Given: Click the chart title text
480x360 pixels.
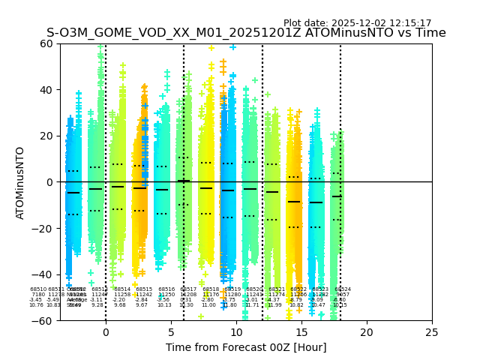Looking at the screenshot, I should click(246, 33).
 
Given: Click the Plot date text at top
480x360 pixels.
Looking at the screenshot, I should click(357, 23).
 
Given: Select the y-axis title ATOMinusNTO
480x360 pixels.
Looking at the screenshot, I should click(21, 182).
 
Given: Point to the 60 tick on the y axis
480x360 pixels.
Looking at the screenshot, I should click(46, 43).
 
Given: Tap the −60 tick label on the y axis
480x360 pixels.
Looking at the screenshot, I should click(43, 320).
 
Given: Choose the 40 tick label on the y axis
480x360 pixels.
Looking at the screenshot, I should click(46, 90).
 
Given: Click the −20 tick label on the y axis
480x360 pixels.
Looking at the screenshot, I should click(43, 228).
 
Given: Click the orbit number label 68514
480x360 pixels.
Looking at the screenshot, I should click(122, 289).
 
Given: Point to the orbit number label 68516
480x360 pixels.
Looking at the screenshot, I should click(166, 289).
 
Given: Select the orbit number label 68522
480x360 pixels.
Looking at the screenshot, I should click(298, 289).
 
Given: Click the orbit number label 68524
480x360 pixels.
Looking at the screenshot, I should click(343, 289).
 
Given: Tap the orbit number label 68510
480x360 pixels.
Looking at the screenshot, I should click(38, 289).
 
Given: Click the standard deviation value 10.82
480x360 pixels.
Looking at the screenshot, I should click(296, 305).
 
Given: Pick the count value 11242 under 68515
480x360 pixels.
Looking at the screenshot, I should click(144, 294).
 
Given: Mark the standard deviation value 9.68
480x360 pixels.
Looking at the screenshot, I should click(120, 305).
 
